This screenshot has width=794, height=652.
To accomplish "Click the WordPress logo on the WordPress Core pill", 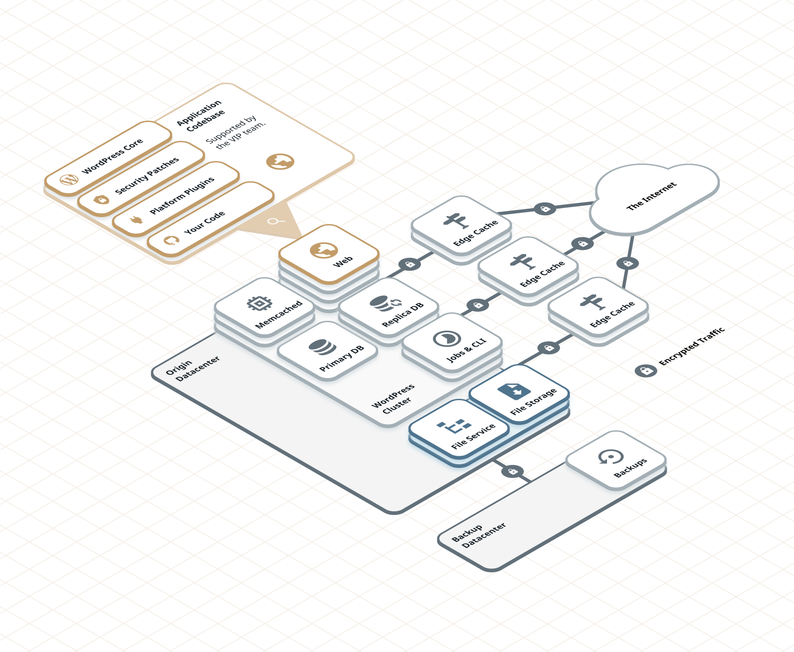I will pos(69,179).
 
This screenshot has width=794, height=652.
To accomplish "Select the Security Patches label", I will pos(147,175).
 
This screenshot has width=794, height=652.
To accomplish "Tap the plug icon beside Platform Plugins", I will pos(136,219).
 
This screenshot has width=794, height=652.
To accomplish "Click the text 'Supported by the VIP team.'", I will pos(236,132).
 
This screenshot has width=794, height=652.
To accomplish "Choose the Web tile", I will pos(329,254).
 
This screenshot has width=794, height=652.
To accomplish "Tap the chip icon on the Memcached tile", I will pos(259,303).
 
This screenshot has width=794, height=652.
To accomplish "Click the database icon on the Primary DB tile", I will pos(322,347).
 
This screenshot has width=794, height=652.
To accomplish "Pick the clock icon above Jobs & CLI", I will pos(446,338).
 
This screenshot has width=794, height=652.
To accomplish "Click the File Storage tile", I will pos(519,394).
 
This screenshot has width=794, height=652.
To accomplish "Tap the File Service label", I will pos(473,436).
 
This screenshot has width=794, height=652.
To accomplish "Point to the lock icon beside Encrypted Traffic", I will pos(646,371).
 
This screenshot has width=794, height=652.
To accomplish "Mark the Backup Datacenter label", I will pos(479,535).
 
